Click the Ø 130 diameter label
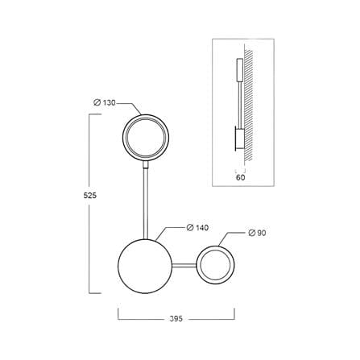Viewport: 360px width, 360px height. (104, 102)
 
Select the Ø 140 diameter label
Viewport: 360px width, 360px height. (197, 228)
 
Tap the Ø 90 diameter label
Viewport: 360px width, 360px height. (257, 233)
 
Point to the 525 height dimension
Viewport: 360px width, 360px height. (90, 196)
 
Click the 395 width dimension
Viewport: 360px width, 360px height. (176, 319)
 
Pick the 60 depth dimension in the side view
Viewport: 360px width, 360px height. (240, 177)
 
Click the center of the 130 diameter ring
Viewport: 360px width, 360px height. (146, 138)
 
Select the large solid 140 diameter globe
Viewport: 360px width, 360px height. (145, 266)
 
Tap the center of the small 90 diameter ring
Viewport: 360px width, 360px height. (216, 265)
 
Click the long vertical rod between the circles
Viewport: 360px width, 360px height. (146, 204)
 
